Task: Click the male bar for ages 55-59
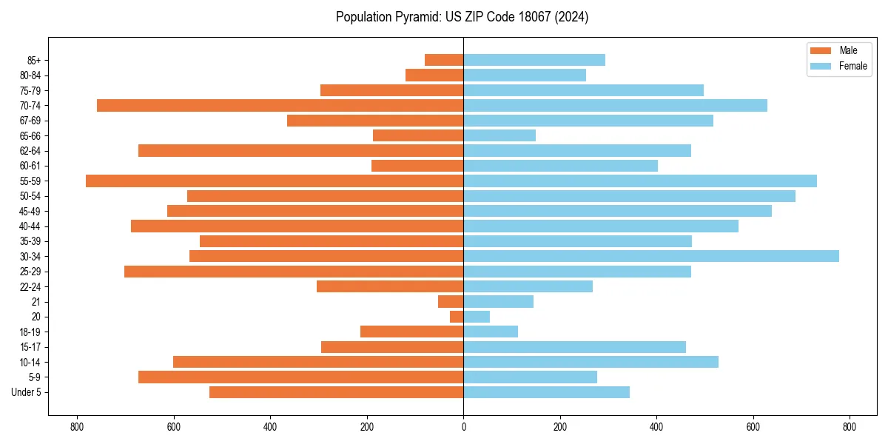tap(275, 181)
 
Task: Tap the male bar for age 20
tap(457, 317)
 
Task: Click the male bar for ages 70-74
tap(280, 106)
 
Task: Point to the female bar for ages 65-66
tap(499, 135)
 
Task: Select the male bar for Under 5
tap(336, 392)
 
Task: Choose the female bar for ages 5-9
tap(530, 377)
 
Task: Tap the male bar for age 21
tap(451, 302)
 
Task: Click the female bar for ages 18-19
tap(491, 332)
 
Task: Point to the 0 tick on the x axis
tap(463, 427)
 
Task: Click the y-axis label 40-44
tap(30, 226)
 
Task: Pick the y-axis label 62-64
tap(30, 151)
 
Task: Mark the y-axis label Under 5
tap(27, 392)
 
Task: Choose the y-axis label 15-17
tap(30, 347)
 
